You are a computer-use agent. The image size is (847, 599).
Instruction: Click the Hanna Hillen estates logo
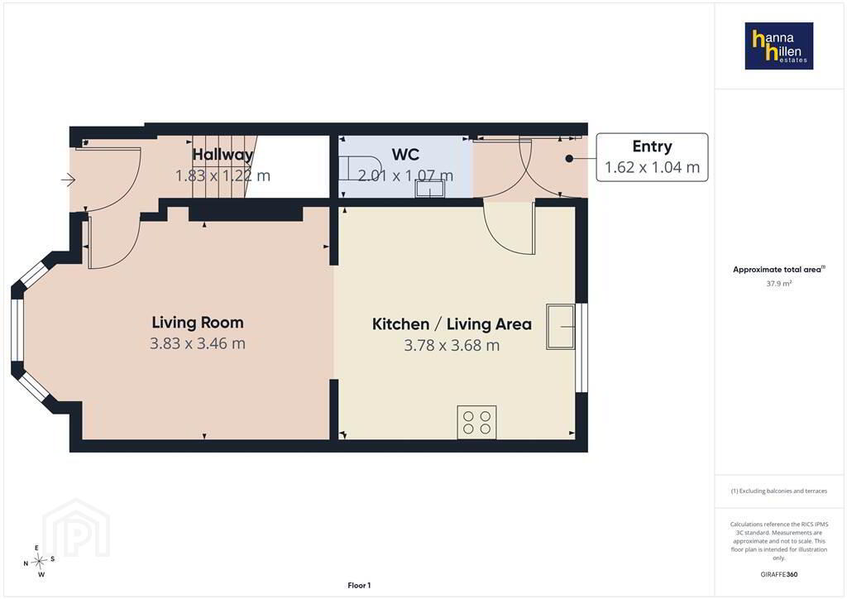(779, 46)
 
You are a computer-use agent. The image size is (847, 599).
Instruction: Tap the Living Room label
(198, 323)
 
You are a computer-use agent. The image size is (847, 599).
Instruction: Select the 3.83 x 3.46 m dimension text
(198, 343)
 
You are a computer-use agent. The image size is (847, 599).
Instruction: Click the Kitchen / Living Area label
(452, 324)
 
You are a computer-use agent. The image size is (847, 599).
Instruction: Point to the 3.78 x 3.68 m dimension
(452, 345)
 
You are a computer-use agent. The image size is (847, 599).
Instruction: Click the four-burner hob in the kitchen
(477, 422)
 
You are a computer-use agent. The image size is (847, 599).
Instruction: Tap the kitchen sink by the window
(561, 327)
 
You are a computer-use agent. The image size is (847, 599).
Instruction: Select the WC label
(405, 155)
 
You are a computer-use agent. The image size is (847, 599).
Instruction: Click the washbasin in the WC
(430, 189)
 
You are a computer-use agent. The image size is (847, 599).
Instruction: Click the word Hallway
(223, 155)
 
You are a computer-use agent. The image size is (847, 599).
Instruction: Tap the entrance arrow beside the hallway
(68, 180)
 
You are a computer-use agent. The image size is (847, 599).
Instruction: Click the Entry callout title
(652, 146)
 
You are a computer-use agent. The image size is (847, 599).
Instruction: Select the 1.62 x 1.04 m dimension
(652, 167)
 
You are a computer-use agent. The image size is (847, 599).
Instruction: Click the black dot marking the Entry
(569, 159)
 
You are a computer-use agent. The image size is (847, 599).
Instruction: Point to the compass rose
(39, 562)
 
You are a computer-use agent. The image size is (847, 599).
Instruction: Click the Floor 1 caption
(359, 586)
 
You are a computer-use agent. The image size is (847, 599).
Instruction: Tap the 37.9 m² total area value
(779, 284)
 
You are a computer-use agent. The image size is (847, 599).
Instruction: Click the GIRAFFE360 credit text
(779, 574)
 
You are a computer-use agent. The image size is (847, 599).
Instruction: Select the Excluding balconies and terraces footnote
(779, 491)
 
